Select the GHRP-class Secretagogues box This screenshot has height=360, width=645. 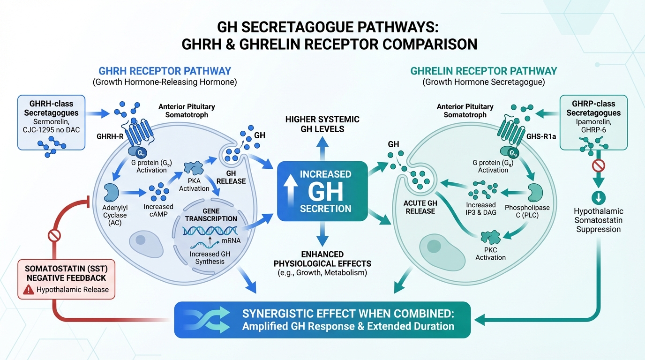click(593, 122)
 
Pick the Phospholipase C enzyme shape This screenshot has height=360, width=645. click(537, 193)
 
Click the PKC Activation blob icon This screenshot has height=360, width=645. click(491, 237)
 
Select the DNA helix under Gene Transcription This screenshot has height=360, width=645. click(210, 231)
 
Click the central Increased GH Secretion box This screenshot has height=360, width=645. click(322, 191)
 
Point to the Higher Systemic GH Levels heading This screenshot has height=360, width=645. click(322, 124)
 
